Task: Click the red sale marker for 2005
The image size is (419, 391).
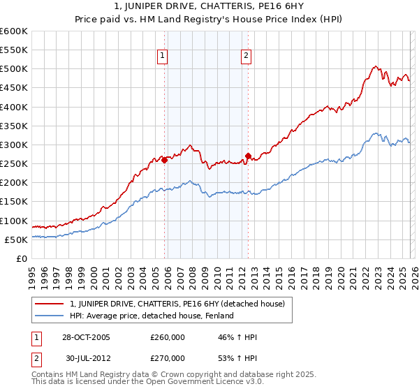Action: tap(165, 160)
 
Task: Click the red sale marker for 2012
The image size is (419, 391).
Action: tap(248, 156)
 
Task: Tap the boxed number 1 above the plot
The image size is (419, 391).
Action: tap(162, 57)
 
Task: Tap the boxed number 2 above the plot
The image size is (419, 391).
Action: tap(247, 57)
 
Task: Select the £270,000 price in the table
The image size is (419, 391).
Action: tap(167, 357)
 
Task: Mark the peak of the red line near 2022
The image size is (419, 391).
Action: tap(376, 66)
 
